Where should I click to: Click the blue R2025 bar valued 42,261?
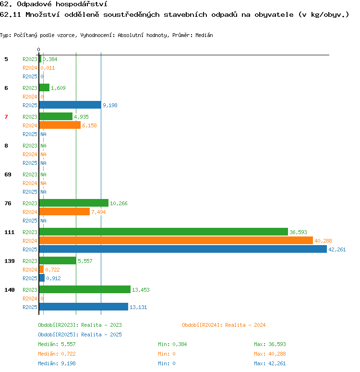(183, 249)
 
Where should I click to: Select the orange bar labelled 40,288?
(176, 240)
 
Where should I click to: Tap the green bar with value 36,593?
(164, 232)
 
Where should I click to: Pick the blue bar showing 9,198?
(70, 105)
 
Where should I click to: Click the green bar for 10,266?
(74, 203)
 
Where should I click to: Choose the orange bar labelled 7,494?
(64, 211)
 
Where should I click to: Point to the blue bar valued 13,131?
(84, 307)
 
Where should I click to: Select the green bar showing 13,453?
(85, 289)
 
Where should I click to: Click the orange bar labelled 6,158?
(60, 125)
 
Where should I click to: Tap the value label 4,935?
(81, 117)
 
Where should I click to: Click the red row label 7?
(6, 117)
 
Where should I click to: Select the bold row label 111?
(10, 232)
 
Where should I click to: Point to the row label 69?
(8, 174)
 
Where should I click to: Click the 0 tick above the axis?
(38, 50)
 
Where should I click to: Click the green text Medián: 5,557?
(57, 344)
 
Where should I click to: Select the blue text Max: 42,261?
(270, 363)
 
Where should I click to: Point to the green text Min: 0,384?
(172, 344)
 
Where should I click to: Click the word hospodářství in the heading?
(81, 4)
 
